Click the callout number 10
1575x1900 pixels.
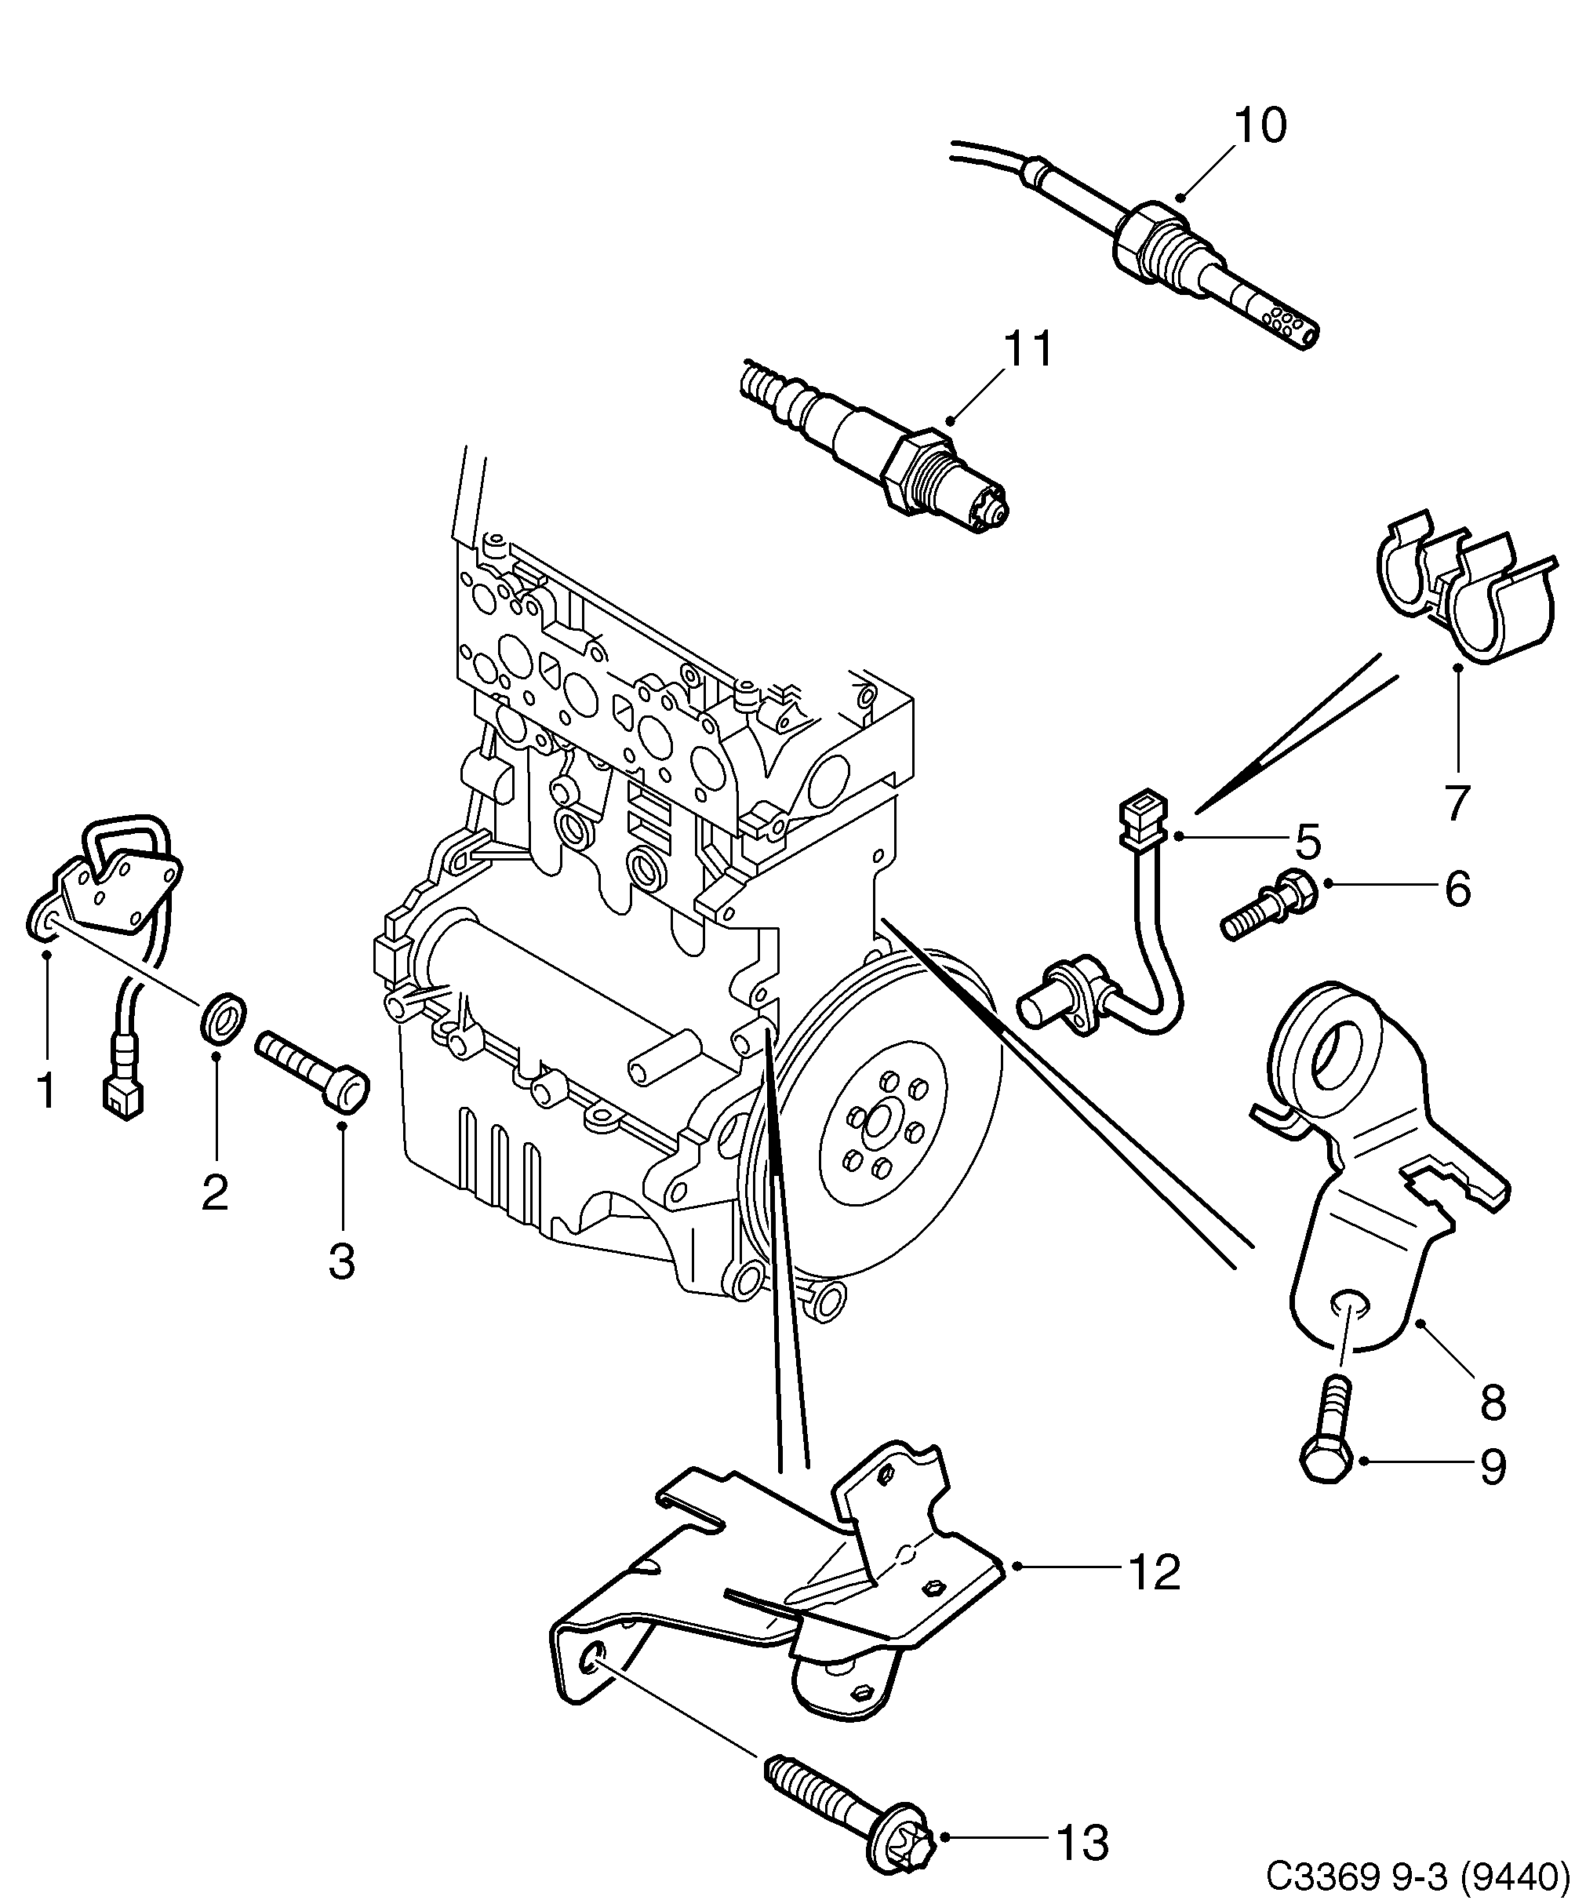point(1258,126)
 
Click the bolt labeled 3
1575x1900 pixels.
point(312,1074)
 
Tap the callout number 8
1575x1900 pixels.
point(1492,1403)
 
